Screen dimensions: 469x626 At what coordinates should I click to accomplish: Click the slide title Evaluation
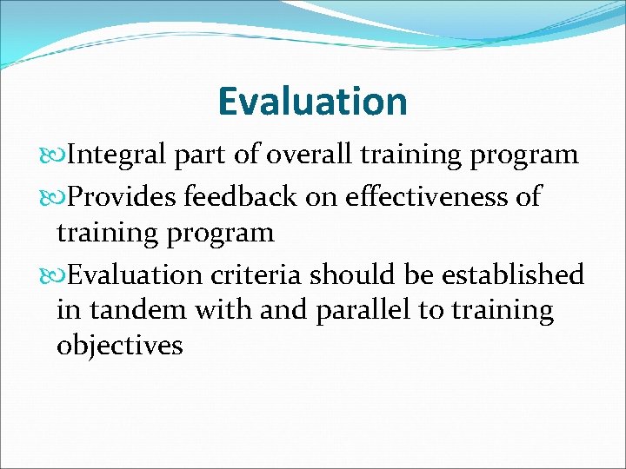[312, 101]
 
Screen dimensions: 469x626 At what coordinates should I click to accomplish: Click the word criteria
[256, 275]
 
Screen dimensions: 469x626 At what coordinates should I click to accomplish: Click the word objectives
[119, 347]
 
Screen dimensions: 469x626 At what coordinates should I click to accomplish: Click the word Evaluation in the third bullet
[135, 275]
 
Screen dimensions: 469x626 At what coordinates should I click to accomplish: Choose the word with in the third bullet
[224, 310]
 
